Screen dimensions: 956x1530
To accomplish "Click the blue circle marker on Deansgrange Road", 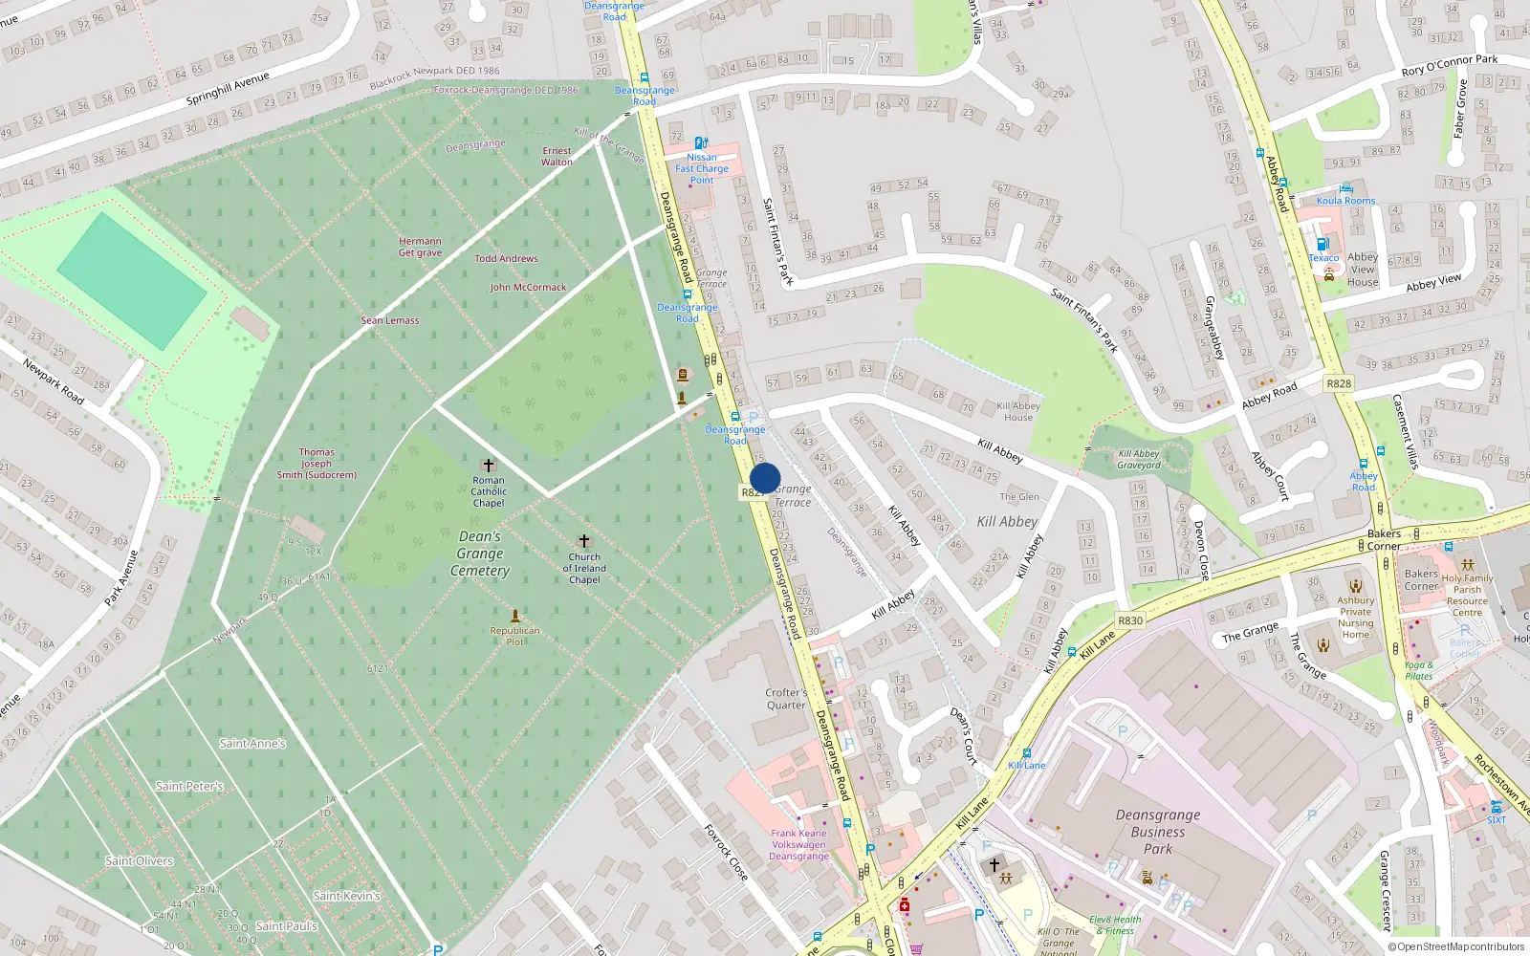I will pos(765,478).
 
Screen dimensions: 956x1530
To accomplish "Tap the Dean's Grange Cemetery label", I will pos(480,554).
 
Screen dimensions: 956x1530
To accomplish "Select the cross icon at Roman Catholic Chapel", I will pos(489,466).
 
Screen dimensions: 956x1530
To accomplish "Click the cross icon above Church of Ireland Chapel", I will pos(584,541).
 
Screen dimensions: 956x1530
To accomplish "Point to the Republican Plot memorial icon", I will pos(515,617).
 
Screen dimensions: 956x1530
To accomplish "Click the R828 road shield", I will pos(1339,383).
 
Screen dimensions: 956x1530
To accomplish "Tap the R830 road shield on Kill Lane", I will pos(1130,620).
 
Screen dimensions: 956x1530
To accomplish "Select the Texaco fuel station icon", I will pos(1322,244).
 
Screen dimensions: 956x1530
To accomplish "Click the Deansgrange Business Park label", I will pos(1157,832).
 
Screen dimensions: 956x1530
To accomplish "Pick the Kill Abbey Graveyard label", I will pos(1139,460).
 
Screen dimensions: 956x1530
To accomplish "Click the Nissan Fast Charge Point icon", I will pos(701,143).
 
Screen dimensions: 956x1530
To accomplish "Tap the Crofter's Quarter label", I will pos(786,699).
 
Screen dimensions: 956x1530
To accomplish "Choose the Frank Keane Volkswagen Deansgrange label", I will pos(799,844).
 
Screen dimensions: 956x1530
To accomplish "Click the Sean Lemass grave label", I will pos(390,320).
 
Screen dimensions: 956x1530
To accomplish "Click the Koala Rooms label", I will pos(1345,201).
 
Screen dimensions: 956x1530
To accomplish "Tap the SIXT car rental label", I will pos(1497,819).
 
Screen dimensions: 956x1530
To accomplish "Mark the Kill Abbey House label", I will pos(1018,411).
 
